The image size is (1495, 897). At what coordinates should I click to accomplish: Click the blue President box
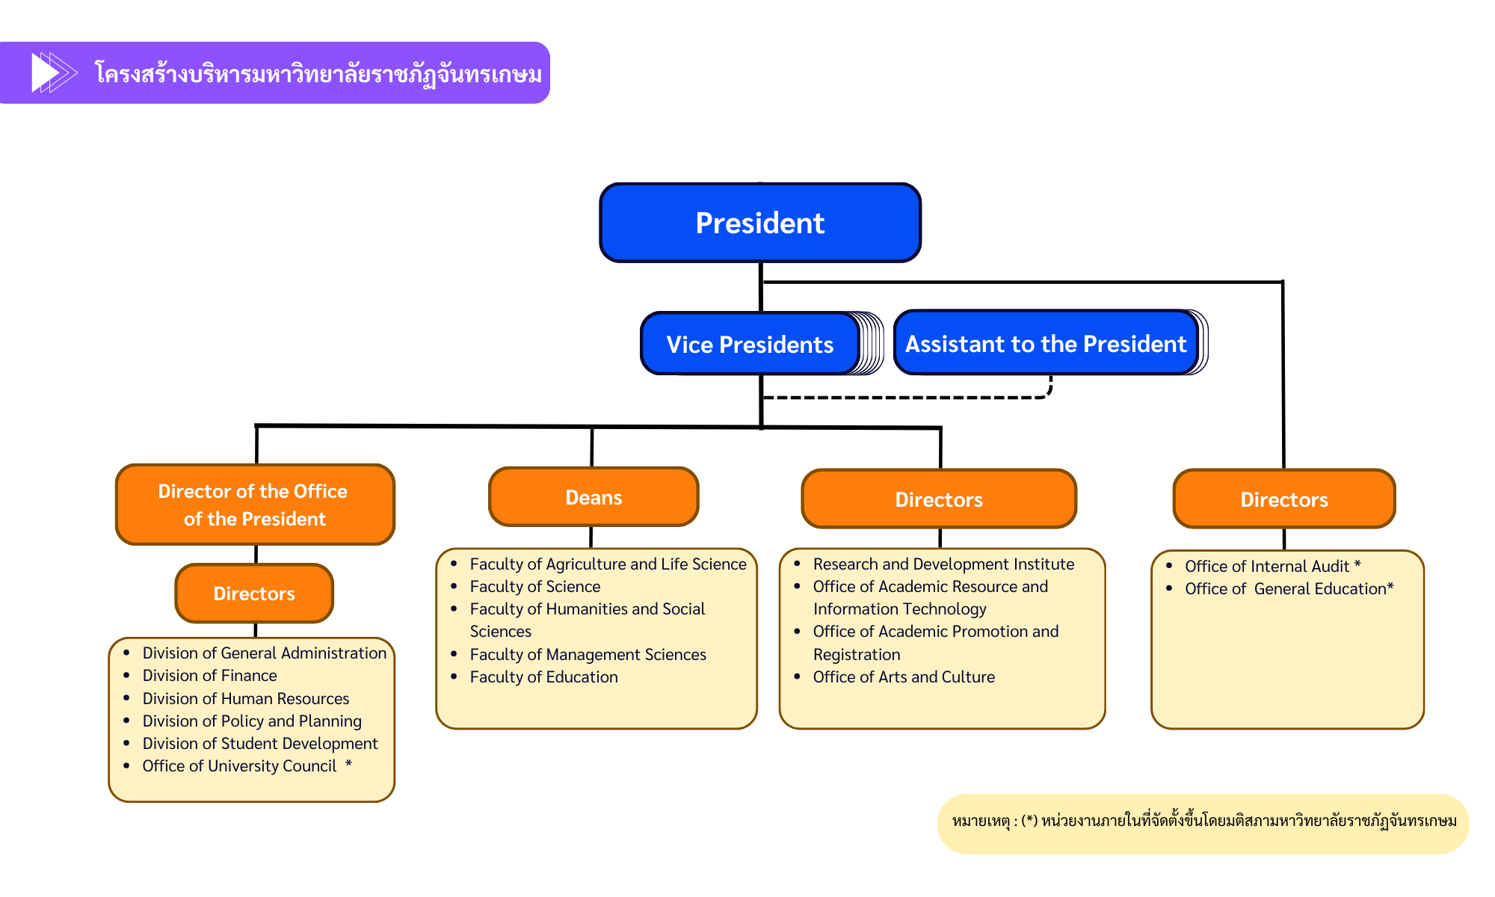tap(760, 223)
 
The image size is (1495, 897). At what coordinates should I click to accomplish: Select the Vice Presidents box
tap(750, 344)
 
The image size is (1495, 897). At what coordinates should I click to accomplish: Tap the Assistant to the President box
tap(1046, 343)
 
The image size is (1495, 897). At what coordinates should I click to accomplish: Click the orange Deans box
tap(594, 497)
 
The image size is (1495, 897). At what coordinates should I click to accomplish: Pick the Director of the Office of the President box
tap(255, 505)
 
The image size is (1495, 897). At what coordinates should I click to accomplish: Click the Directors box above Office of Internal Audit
tap(1284, 499)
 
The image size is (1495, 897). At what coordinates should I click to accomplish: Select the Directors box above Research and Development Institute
tap(939, 499)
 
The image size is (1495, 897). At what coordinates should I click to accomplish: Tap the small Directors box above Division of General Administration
tap(254, 594)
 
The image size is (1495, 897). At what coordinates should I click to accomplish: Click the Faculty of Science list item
tap(535, 587)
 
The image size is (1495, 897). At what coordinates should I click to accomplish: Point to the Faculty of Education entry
tap(543, 677)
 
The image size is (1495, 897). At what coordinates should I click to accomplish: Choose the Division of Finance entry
tap(209, 676)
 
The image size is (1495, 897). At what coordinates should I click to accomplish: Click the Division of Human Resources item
tap(246, 699)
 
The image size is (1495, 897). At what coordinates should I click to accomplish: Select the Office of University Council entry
tap(239, 766)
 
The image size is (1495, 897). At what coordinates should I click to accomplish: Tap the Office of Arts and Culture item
tap(904, 677)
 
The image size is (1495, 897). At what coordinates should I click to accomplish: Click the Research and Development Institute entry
tap(943, 564)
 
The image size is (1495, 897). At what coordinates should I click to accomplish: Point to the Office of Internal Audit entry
tap(1267, 567)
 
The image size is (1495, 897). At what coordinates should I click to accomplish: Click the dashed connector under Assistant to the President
tap(904, 398)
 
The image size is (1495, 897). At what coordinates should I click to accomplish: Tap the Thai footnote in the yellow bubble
tap(1203, 822)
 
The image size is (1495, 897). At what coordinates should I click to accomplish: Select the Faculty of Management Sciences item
tap(588, 655)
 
